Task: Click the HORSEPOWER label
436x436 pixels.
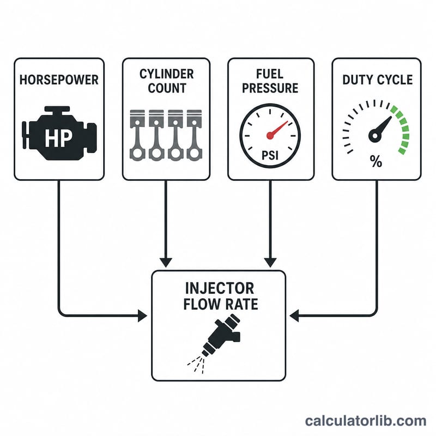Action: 59,80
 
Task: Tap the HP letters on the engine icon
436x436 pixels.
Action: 58,138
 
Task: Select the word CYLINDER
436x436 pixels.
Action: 167,74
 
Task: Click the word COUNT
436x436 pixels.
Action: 167,88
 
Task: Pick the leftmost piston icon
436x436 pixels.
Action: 137,135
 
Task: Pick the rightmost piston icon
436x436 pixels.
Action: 194,135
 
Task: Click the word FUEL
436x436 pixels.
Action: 270,74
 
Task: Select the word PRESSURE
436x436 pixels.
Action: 270,88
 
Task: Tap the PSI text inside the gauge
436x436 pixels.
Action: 270,155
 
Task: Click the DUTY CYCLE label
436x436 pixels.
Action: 377,80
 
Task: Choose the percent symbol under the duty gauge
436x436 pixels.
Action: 376,161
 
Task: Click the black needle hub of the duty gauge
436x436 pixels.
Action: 375,136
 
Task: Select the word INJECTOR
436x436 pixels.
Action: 220,288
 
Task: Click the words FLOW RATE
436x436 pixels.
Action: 221,304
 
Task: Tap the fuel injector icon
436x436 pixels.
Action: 214,343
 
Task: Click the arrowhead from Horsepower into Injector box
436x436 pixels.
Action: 142,316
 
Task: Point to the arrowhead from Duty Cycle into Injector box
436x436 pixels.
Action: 294,316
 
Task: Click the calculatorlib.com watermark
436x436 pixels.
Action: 366,421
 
